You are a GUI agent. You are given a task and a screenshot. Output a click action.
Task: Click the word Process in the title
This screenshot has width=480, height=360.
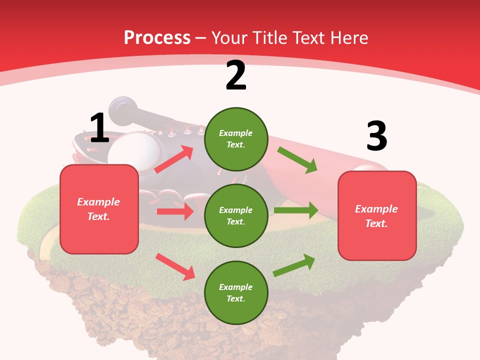click(x=157, y=37)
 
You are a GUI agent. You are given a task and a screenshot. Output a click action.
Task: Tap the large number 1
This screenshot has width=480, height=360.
click(x=99, y=128)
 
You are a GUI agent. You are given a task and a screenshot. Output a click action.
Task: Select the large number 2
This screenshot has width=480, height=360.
click(x=236, y=75)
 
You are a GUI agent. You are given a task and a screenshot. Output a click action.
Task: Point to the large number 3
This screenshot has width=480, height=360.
click(x=376, y=136)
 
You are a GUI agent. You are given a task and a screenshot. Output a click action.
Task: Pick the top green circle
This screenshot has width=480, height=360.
click(x=236, y=139)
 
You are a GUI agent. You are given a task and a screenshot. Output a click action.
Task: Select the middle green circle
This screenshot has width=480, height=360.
click(x=236, y=215)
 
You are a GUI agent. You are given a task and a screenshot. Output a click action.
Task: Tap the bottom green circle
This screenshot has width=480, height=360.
click(x=236, y=292)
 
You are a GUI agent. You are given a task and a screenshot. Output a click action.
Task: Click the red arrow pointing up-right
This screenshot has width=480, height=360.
click(x=174, y=159)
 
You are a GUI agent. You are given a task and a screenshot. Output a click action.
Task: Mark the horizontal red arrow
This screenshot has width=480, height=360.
click(x=175, y=211)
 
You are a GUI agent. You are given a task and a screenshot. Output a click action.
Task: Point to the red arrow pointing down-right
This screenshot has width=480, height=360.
click(x=175, y=266)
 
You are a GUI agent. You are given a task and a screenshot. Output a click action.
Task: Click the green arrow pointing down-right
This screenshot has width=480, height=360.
click(x=297, y=160)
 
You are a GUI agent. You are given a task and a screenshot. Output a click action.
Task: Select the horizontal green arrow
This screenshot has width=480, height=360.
click(x=295, y=210)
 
